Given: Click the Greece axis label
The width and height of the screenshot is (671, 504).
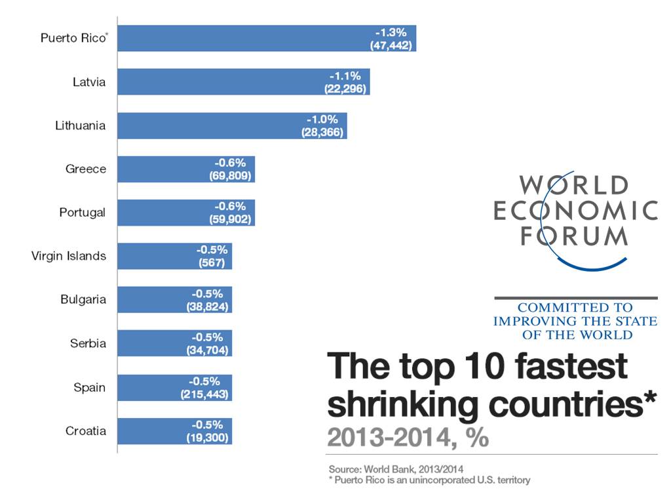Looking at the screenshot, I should pyautogui.click(x=85, y=169).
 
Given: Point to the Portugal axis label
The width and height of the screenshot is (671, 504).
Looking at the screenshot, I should pyautogui.click(x=82, y=213).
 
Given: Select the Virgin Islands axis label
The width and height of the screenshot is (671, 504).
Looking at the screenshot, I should pyautogui.click(x=68, y=256).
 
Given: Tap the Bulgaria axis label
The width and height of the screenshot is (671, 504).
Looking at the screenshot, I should pyautogui.click(x=83, y=300).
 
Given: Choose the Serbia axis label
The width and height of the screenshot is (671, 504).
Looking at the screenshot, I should pyautogui.click(x=88, y=343).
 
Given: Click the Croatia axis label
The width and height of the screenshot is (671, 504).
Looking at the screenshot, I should pyautogui.click(x=85, y=431).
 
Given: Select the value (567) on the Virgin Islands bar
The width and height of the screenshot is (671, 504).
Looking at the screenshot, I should pyautogui.click(x=212, y=262).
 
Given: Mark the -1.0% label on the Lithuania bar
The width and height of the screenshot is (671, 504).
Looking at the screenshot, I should pyautogui.click(x=323, y=119).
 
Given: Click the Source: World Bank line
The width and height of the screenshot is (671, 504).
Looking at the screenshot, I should pyautogui.click(x=396, y=470).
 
